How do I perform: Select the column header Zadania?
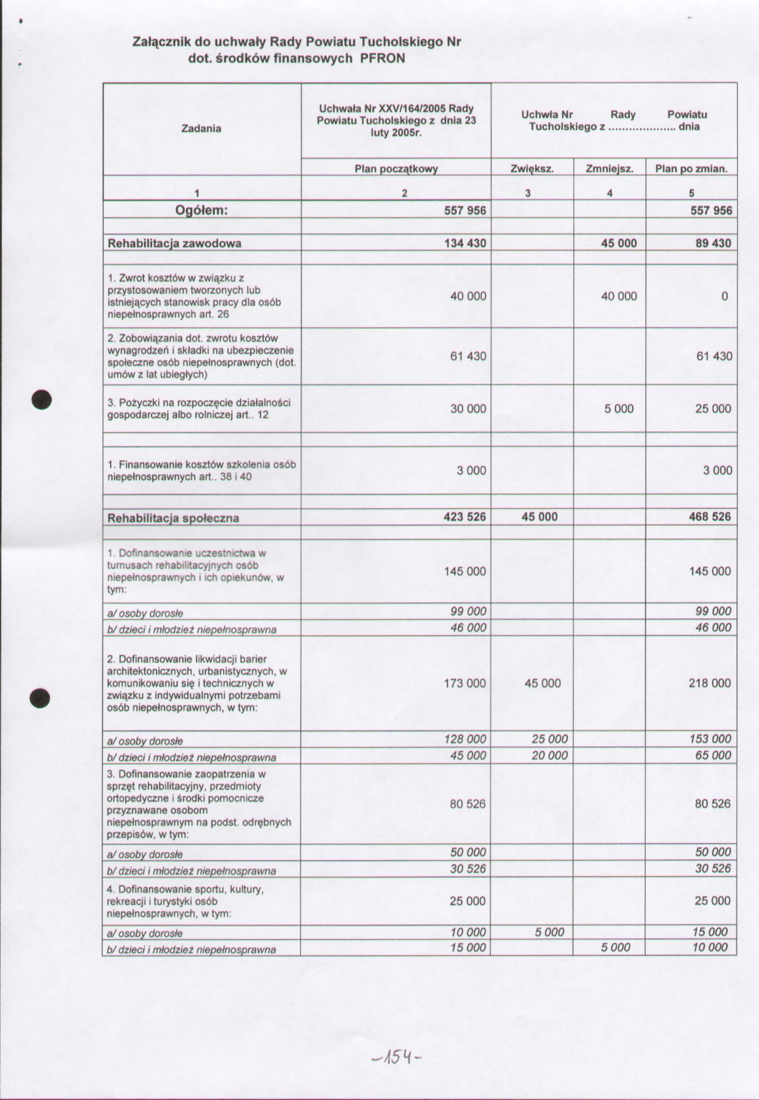[x=201, y=128]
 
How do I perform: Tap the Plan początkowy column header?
[x=395, y=168]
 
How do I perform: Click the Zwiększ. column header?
[x=532, y=168]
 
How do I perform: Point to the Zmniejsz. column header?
[x=609, y=168]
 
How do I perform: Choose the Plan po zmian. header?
[x=691, y=168]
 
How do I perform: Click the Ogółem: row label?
[x=201, y=210]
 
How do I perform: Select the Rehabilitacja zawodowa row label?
[x=174, y=244]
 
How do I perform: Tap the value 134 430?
[x=465, y=244]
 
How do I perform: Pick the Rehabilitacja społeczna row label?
[x=173, y=518]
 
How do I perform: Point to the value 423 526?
[x=464, y=517]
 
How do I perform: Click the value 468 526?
[x=710, y=517]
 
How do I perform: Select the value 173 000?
[x=465, y=683]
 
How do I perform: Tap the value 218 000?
[x=710, y=683]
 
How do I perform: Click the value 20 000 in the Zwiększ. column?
[x=549, y=755]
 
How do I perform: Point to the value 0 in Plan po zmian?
[x=724, y=296]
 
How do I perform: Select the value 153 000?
[x=710, y=739]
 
